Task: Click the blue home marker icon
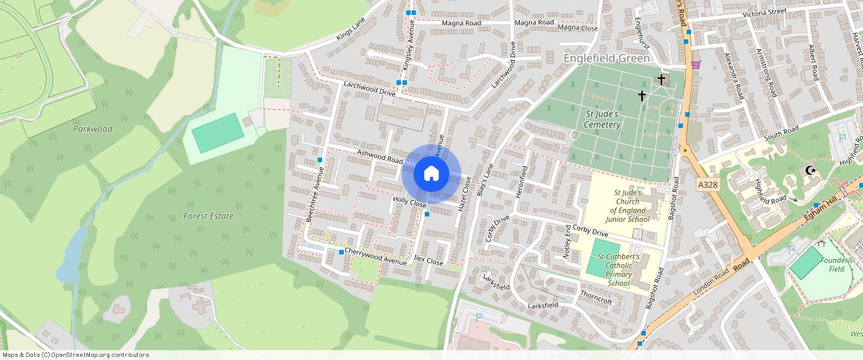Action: coord(431,174)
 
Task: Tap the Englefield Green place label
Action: coord(607,58)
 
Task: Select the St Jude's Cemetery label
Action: coord(602,119)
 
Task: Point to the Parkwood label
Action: coord(92,129)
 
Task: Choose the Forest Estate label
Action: coord(208,216)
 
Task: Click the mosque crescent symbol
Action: coord(810,171)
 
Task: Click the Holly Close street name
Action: coord(409,202)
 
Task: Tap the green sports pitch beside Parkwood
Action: coord(218,133)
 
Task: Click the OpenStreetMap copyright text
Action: coord(75,355)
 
